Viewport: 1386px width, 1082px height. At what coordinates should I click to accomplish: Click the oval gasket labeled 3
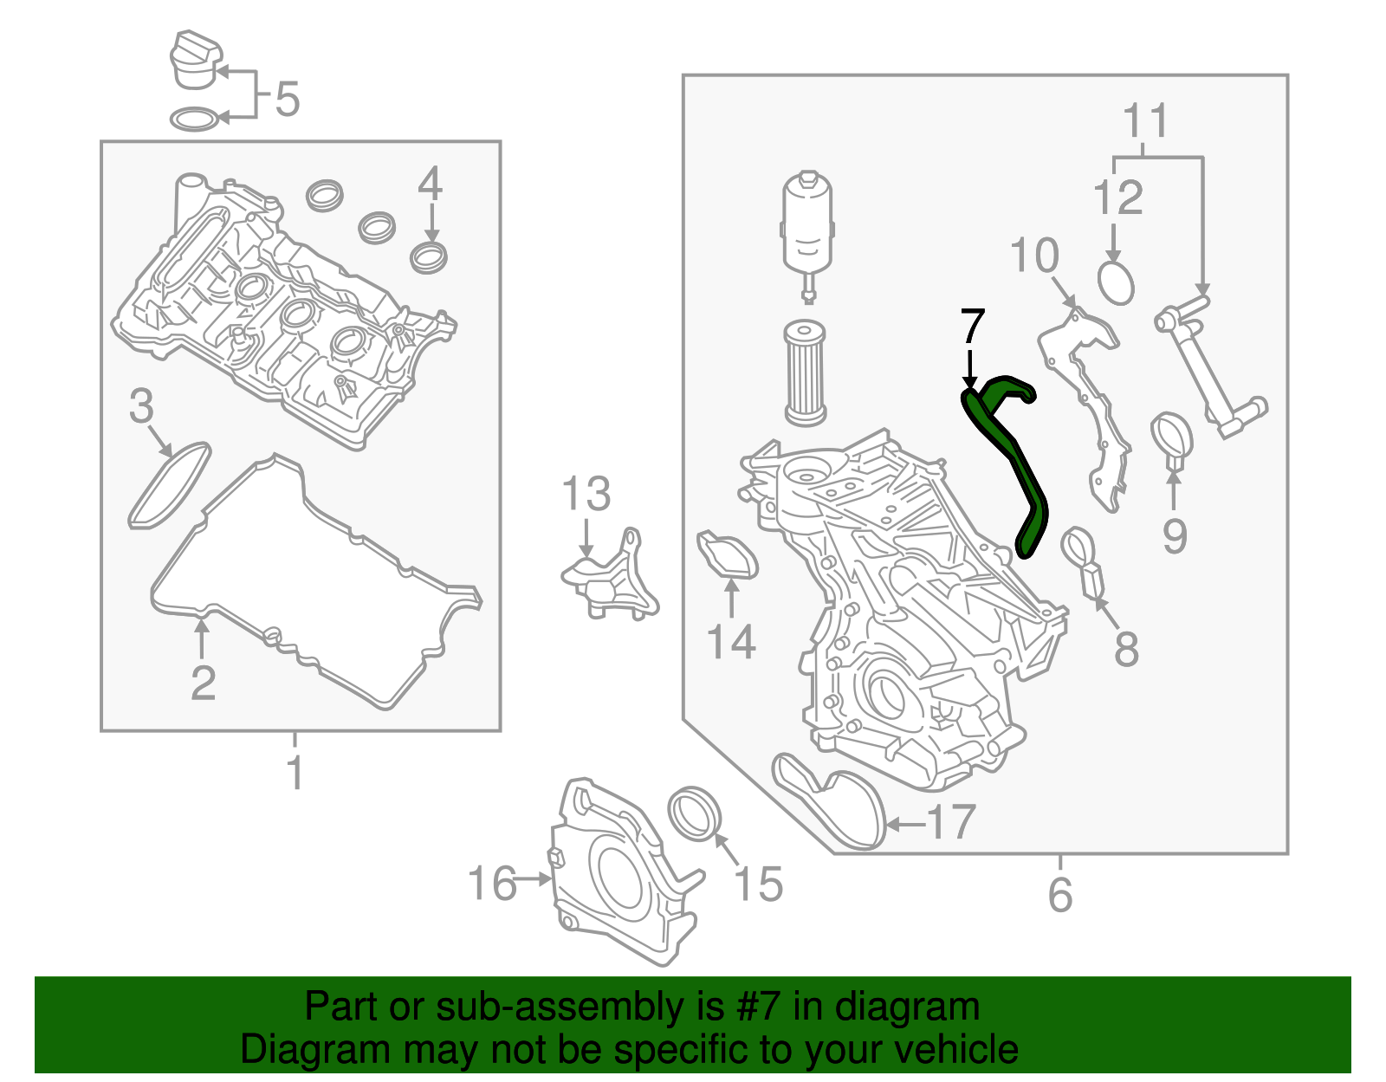pyautogui.click(x=170, y=485)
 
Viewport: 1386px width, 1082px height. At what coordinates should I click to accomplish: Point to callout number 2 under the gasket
pyautogui.click(x=203, y=684)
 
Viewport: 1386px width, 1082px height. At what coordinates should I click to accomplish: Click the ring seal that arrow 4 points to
pyautogui.click(x=429, y=257)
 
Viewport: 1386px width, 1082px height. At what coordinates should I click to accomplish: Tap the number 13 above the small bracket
pyautogui.click(x=586, y=495)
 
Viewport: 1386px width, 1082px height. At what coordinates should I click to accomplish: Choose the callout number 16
pyautogui.click(x=491, y=884)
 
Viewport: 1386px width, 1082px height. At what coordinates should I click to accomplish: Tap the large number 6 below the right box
pyautogui.click(x=1060, y=894)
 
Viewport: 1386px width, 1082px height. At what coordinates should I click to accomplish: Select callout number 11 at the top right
pyautogui.click(x=1145, y=121)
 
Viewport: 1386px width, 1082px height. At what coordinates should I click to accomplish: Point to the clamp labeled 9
pyautogui.click(x=1172, y=437)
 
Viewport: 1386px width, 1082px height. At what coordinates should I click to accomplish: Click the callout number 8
pyautogui.click(x=1126, y=648)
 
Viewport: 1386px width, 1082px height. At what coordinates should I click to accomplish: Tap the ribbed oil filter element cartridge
pyautogui.click(x=805, y=373)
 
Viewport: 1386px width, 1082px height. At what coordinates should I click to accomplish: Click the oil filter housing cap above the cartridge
pyautogui.click(x=807, y=225)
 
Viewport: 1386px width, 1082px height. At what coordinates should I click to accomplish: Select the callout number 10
pyautogui.click(x=1034, y=256)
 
